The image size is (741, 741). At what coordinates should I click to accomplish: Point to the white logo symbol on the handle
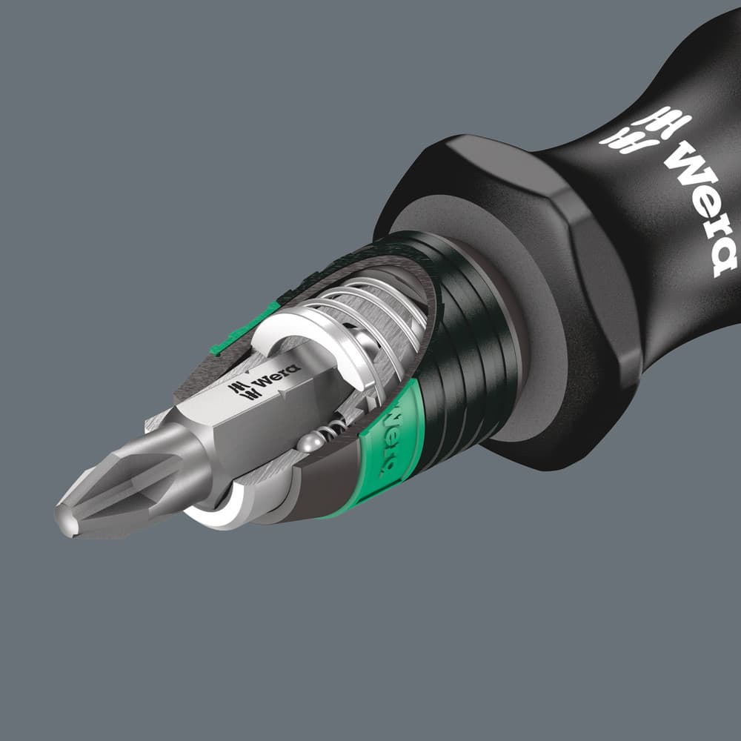(x=645, y=130)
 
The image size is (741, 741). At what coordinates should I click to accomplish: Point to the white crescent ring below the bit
(x=215, y=516)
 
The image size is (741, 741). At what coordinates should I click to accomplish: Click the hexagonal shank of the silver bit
(x=245, y=415)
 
